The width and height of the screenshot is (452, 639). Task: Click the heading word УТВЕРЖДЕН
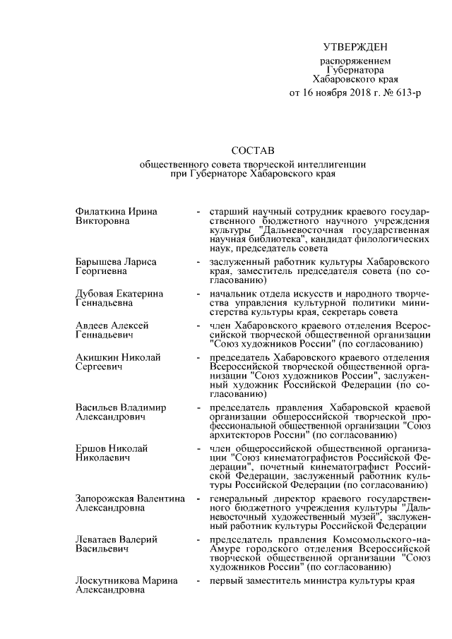pos(355,47)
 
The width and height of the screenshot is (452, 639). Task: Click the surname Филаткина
pos(100,212)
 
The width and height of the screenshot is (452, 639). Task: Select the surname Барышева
pos(99,262)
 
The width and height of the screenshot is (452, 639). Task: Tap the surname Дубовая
pos(95,293)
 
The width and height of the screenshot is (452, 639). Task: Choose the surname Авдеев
pos(93,324)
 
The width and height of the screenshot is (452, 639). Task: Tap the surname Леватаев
pos(97,539)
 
